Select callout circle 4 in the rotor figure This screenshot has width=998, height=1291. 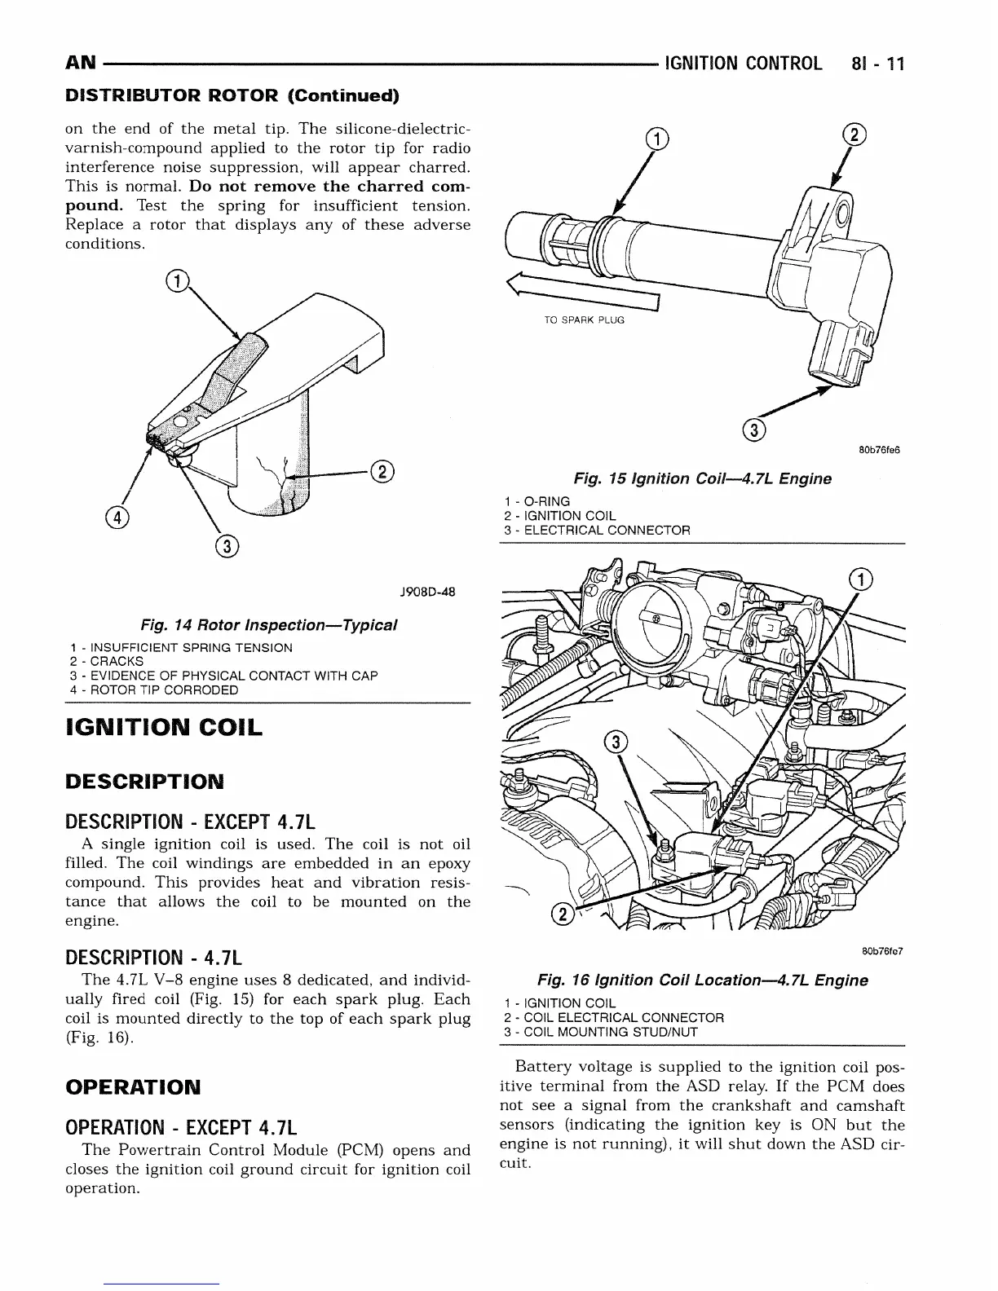[117, 517]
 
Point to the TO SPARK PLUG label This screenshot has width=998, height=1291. [583, 319]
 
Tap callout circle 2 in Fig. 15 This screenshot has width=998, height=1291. [854, 135]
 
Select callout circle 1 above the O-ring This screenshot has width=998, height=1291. [658, 139]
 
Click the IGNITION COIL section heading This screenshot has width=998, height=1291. [163, 727]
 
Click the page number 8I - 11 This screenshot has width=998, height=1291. [875, 64]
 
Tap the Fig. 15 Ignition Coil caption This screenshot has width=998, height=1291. [702, 478]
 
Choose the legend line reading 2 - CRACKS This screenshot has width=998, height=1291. [107, 662]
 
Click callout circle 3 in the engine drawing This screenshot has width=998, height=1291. [617, 742]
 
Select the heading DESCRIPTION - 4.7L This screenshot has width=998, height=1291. [154, 956]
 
